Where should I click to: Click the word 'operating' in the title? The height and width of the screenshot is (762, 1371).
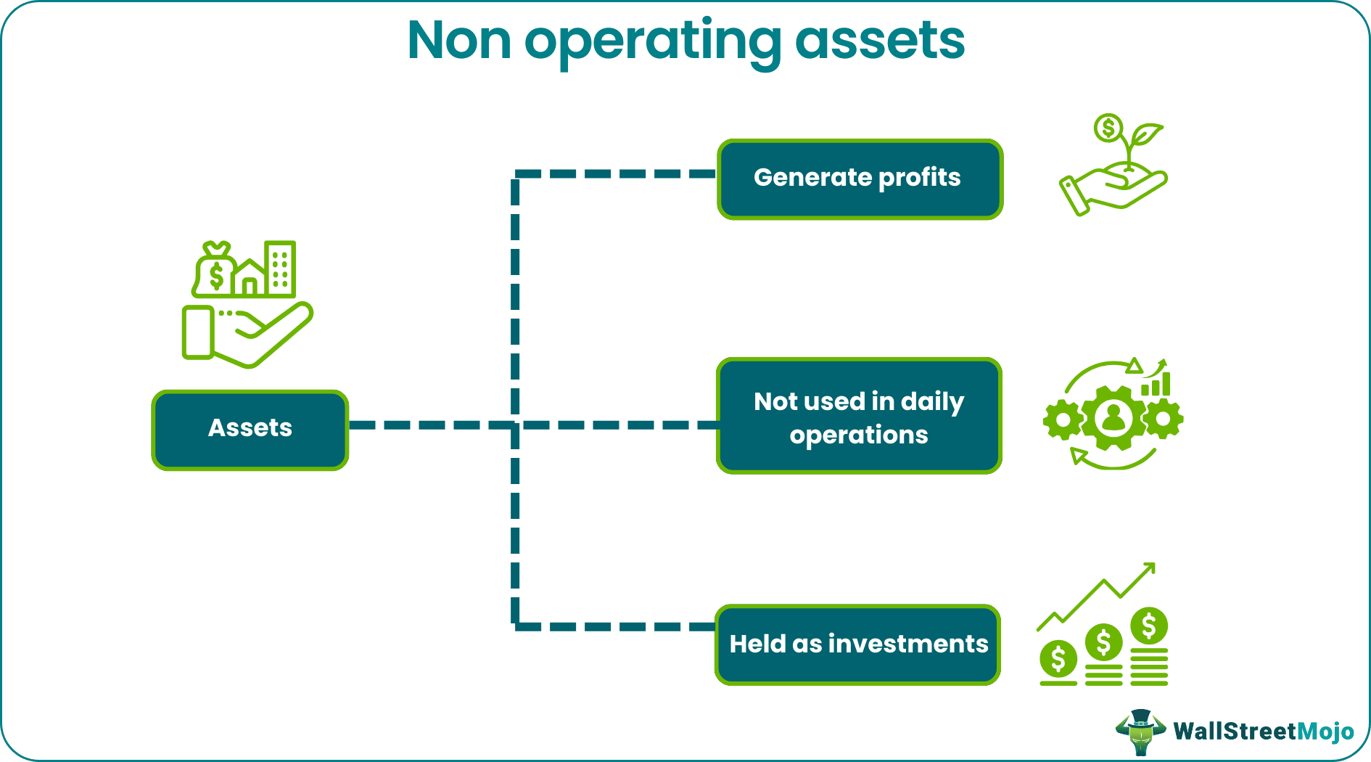point(653,42)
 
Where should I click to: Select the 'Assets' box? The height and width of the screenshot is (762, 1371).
point(250,430)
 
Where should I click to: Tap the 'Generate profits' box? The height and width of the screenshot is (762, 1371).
point(859,179)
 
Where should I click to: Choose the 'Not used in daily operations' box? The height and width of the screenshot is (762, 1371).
point(859,417)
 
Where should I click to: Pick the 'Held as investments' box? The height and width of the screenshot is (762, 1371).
point(857,644)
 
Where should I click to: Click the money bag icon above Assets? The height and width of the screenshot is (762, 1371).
point(215,271)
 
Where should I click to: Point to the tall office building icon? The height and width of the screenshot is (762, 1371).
point(280,269)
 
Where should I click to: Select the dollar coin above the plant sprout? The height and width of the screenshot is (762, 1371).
point(1108,128)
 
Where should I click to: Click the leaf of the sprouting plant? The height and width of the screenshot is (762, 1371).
point(1146,134)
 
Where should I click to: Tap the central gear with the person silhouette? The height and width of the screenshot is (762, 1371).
point(1113,417)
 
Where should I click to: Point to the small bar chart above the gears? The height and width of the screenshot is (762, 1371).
point(1156,383)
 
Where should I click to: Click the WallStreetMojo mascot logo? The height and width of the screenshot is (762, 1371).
point(1140,732)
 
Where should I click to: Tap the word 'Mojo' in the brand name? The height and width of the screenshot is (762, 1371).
point(1325,732)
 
